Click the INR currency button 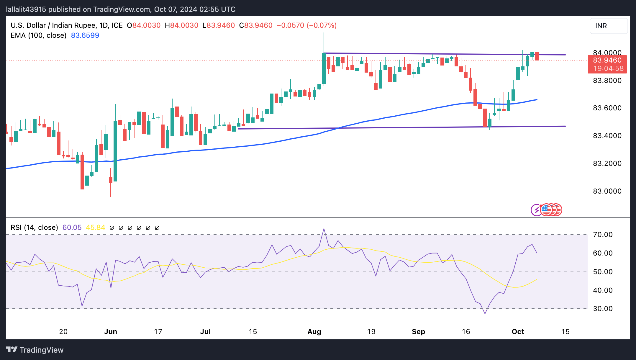[x=608, y=26]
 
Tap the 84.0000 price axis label [x=607, y=53]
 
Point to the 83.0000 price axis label [x=607, y=191]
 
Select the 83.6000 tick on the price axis [x=607, y=108]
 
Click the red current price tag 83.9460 [x=607, y=60]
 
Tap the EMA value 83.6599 [x=85, y=35]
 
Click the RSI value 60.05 [x=72, y=228]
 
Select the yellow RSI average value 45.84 [x=95, y=228]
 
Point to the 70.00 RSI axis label [x=603, y=235]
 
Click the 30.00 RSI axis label [x=603, y=309]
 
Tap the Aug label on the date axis [x=314, y=332]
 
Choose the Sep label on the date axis [x=418, y=332]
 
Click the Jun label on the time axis [x=111, y=332]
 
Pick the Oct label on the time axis [x=518, y=332]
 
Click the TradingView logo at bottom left [x=35, y=350]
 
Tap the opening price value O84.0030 [x=144, y=25]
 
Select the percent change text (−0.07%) [x=322, y=25]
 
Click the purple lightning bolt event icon [x=536, y=210]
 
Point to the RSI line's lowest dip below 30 [x=485, y=314]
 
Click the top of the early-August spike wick [x=324, y=33]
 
